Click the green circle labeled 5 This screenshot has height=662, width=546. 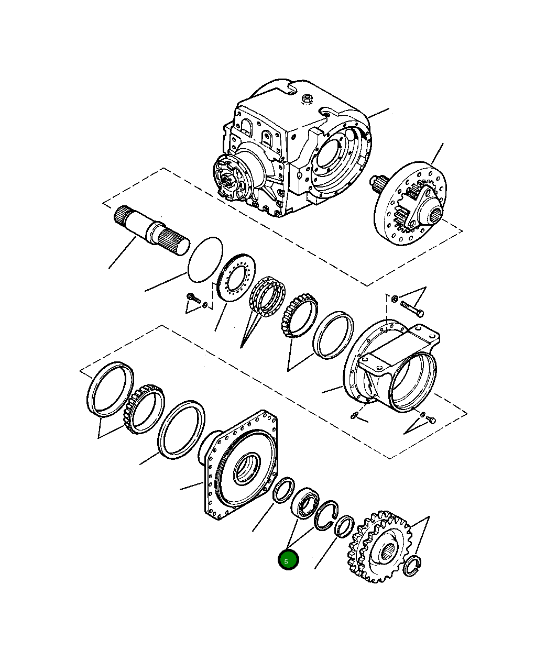click(288, 560)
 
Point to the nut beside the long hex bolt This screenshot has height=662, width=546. click(395, 298)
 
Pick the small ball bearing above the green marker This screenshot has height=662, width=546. click(305, 503)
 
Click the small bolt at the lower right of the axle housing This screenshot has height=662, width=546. click(431, 419)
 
